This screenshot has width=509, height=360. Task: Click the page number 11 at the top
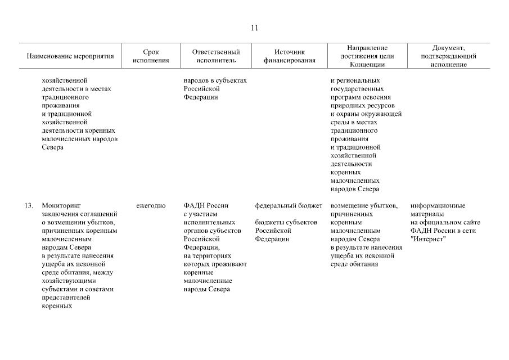click(254, 28)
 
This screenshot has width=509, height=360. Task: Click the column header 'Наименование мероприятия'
click(70, 56)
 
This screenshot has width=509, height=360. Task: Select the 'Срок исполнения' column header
click(151, 56)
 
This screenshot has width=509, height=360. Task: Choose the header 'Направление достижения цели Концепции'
click(367, 56)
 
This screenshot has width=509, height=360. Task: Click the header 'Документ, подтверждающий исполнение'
click(449, 56)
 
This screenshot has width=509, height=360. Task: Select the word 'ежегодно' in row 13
click(151, 206)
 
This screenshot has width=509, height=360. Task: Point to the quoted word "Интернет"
click(428, 239)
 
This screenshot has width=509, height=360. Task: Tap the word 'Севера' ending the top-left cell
click(52, 147)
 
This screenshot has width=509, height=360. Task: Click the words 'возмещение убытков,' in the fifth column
click(364, 206)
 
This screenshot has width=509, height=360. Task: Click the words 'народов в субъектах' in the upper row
click(215, 80)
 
